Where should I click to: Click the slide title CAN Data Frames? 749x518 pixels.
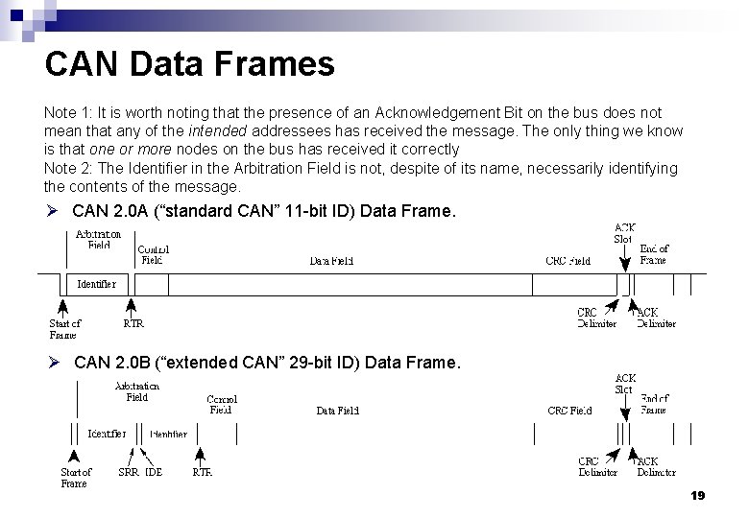(x=189, y=64)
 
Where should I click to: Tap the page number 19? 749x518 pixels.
(x=697, y=496)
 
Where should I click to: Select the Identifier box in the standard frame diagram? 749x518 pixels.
(x=95, y=284)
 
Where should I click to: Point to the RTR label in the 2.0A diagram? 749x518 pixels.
(x=133, y=323)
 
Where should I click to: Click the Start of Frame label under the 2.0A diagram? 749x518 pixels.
(x=65, y=329)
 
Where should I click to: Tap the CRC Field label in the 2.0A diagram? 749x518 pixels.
(x=568, y=260)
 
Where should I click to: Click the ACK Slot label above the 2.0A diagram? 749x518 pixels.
(x=624, y=232)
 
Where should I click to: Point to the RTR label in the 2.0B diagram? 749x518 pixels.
(x=202, y=472)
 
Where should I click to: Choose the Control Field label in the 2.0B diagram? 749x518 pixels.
(x=222, y=404)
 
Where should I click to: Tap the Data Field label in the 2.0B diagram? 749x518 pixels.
(x=338, y=411)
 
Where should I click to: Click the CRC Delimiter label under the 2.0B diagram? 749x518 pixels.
(x=598, y=466)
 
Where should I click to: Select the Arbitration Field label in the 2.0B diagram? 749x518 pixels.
(x=137, y=390)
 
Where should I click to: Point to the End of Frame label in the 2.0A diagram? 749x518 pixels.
(x=653, y=253)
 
